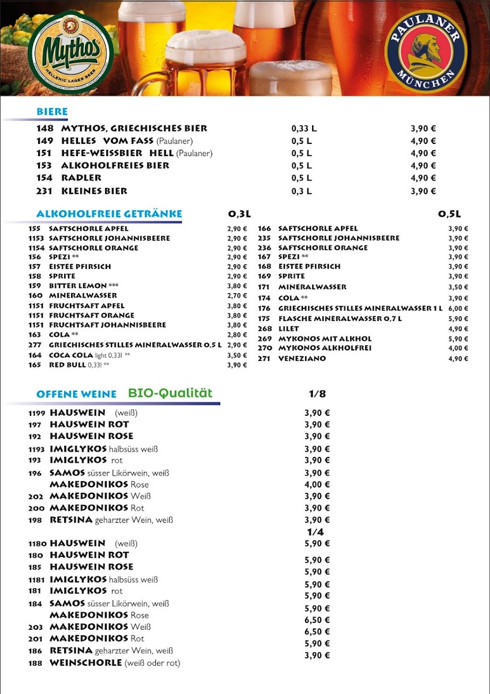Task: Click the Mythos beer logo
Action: [70, 49]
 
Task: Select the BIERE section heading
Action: [52, 112]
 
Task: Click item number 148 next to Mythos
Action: [44, 128]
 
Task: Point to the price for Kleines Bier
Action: [423, 191]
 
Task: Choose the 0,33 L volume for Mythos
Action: [303, 128]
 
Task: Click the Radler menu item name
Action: [81, 178]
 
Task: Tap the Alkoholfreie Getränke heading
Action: [109, 214]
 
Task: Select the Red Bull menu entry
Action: [67, 365]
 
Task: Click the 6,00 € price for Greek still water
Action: [458, 309]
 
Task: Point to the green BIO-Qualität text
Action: [170, 393]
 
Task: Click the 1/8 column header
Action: [317, 394]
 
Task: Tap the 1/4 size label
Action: [315, 532]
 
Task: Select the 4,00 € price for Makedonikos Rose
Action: [317, 485]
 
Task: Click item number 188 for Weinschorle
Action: [36, 663]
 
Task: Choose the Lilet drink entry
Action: [288, 328]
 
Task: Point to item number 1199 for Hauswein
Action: [38, 413]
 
